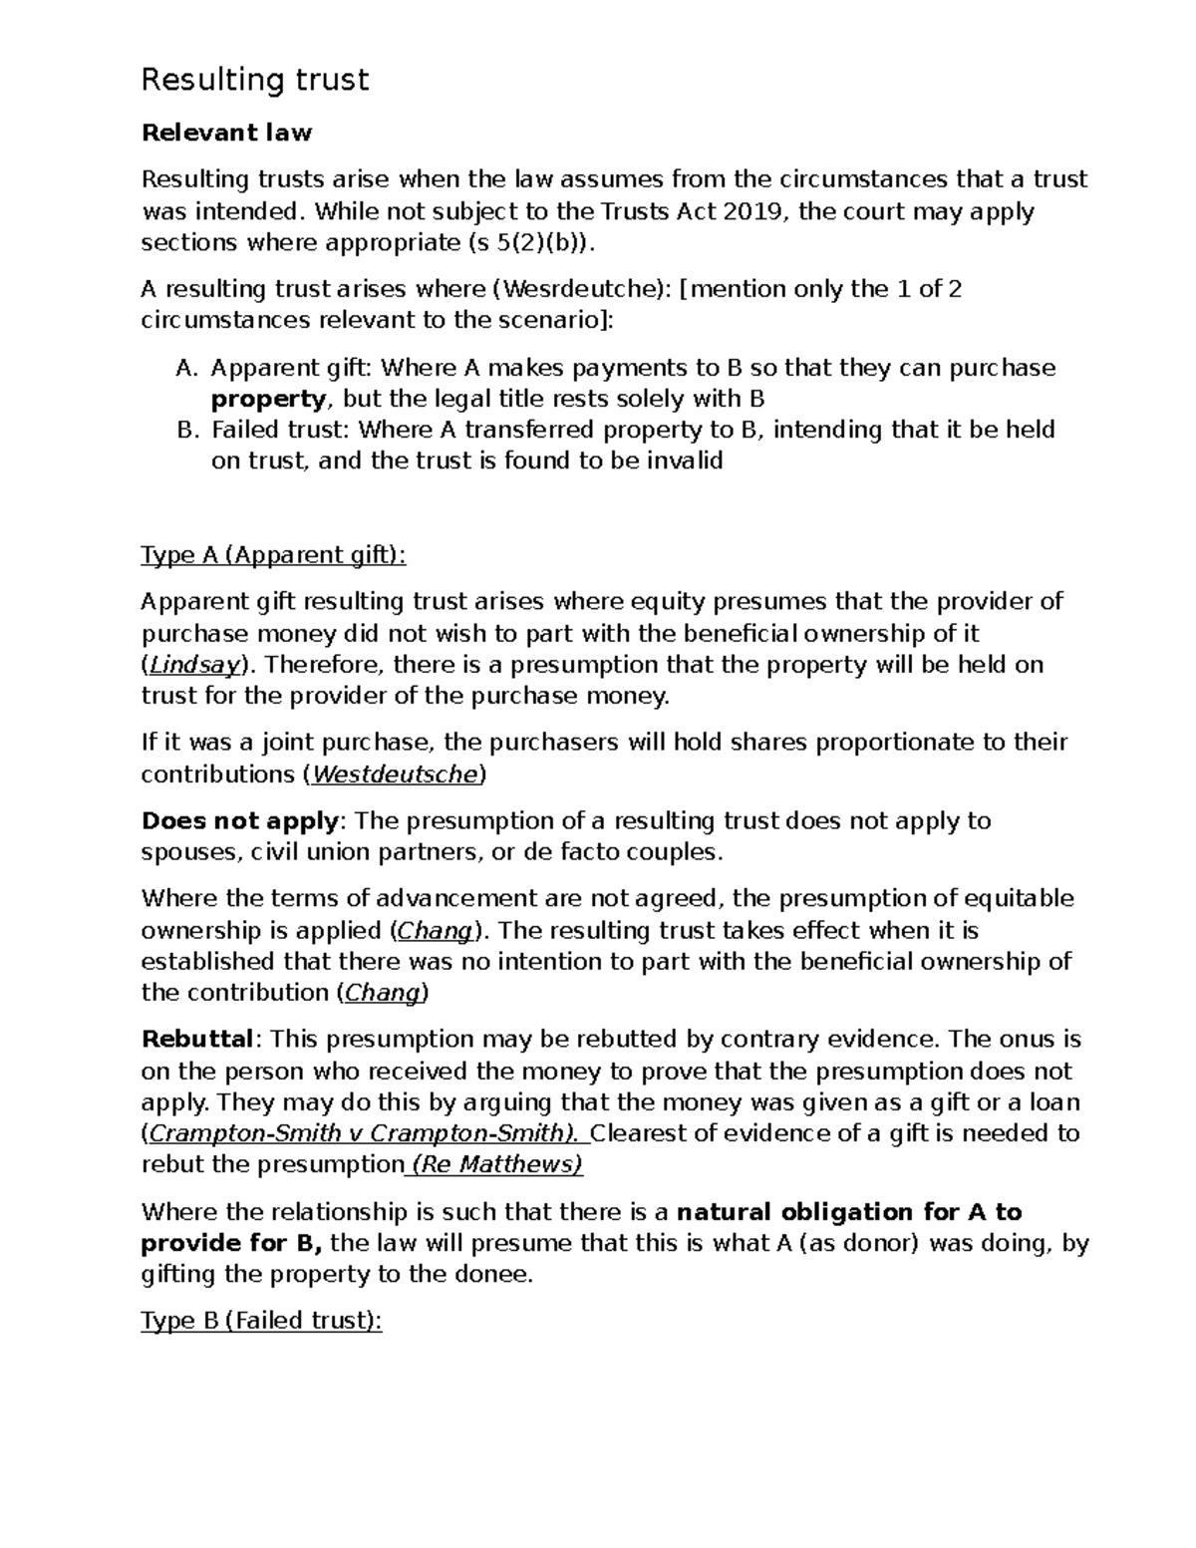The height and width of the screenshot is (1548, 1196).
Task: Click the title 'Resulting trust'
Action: click(255, 80)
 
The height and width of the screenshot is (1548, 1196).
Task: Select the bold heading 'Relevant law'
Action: click(226, 133)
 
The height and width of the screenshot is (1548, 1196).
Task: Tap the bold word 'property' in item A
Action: click(268, 399)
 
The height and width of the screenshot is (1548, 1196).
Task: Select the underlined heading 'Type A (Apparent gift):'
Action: click(274, 555)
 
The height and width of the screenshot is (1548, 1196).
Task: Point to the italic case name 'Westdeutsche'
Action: click(397, 774)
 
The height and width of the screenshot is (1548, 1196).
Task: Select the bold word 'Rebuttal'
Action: click(198, 1040)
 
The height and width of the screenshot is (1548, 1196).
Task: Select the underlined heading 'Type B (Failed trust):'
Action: click(261, 1321)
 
